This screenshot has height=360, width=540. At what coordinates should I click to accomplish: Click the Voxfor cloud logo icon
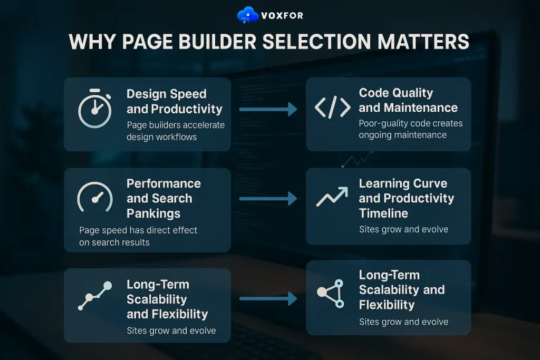point(248,15)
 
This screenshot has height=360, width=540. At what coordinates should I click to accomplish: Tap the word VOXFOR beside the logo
point(282,16)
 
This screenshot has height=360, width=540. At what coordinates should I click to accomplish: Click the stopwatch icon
point(95,111)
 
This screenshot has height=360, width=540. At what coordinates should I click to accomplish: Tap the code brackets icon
point(332,108)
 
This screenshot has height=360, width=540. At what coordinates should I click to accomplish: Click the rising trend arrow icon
point(332,197)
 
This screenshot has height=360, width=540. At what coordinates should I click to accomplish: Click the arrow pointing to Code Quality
point(267,110)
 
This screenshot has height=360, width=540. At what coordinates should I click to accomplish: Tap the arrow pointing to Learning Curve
point(267,199)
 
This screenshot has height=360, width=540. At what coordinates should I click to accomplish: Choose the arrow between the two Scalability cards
point(267,299)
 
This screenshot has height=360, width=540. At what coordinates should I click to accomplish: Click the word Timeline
point(383,213)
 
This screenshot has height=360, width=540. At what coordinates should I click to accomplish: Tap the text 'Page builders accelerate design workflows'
point(176,131)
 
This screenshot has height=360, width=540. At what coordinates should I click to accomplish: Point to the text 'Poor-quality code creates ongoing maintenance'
point(411,129)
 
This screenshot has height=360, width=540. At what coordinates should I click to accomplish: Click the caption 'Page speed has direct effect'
point(138,230)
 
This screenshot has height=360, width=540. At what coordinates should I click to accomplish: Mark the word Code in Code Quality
point(374,93)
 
